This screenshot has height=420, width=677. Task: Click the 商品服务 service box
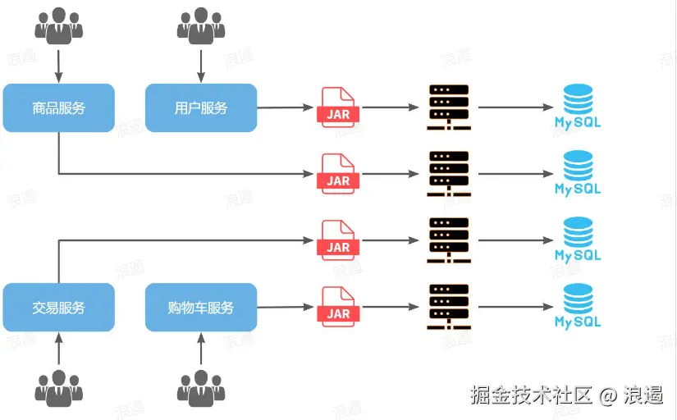pos(58,107)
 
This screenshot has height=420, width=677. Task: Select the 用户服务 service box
pos(201,107)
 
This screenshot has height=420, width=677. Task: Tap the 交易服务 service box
pos(58,308)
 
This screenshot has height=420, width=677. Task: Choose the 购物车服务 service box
pos(201,308)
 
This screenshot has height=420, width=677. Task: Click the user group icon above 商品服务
pos(58,25)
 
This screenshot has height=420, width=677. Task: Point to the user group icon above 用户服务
pos(201,25)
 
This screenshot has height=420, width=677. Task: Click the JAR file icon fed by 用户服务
pos(338,107)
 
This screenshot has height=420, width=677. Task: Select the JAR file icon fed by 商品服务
pos(338,173)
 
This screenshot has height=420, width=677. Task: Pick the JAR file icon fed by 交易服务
pos(338,240)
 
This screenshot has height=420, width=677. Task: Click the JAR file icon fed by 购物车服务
pos(338,306)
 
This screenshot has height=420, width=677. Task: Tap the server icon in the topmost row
pos(449,107)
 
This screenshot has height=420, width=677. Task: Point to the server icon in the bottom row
pos(449,307)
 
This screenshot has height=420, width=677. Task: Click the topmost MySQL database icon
pos(578,107)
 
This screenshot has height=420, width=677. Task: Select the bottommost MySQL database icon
pos(578,306)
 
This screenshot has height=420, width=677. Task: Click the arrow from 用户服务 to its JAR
pos(286,107)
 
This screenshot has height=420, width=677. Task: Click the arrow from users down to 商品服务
pos(58,64)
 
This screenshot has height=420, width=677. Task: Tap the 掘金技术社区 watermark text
pos(532,395)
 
